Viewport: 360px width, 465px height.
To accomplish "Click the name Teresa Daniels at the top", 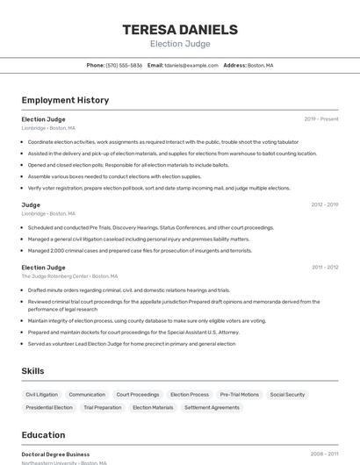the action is coord(180,29).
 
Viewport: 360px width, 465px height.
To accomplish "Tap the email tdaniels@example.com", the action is coord(191,66).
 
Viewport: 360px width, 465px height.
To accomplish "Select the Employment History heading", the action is coord(65,100).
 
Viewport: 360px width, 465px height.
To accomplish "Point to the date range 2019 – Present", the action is coord(321,119).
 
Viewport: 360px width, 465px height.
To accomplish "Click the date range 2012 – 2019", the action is coord(324,205).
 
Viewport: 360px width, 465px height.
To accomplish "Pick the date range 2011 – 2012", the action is coord(325,268).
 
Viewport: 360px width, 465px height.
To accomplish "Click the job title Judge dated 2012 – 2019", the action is coord(31,205).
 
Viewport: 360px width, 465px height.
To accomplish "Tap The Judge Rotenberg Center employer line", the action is coord(68,276).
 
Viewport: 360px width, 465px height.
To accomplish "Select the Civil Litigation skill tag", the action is coord(41,395).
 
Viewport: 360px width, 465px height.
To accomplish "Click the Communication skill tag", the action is coord(87,395).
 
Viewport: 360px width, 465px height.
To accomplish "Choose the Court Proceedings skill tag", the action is coord(138,395).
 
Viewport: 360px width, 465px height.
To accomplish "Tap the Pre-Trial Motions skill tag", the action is coord(240,395).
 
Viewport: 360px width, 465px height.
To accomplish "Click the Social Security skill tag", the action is coord(288,395).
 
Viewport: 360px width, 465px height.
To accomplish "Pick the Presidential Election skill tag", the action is coord(49,408).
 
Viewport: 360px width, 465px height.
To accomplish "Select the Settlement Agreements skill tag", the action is coord(212,408).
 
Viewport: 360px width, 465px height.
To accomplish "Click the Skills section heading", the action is coord(32,371).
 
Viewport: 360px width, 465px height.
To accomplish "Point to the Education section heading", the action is coord(43,435).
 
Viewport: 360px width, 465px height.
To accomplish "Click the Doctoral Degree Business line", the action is coord(55,454).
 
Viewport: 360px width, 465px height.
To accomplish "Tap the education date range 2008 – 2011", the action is coord(324,454).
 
